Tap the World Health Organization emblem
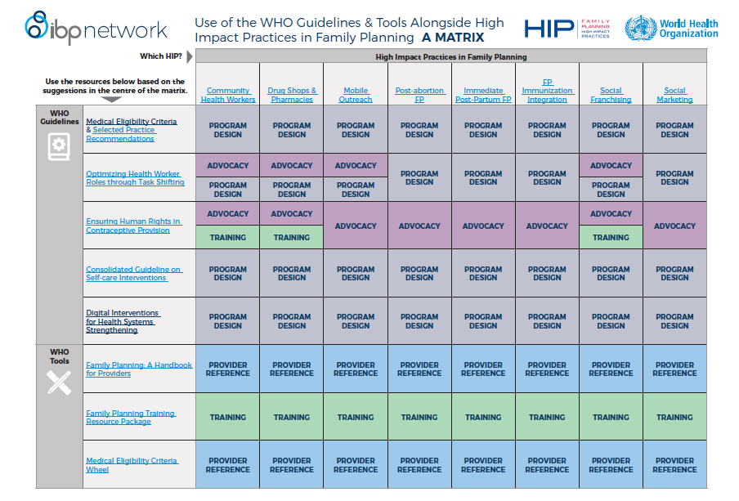pos(641,28)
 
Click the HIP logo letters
pos(549,29)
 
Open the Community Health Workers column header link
pos(228,95)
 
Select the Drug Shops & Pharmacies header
pos(292,95)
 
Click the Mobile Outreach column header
pos(356,95)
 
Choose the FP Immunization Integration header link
pos(547,91)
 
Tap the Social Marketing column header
pos(674,95)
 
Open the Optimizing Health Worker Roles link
pos(135,177)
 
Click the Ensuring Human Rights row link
pos(133,226)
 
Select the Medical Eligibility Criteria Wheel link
pos(132,465)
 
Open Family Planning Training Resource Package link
pos(131,417)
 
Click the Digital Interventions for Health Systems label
pos(123,321)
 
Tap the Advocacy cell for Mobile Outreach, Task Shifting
pos(356,165)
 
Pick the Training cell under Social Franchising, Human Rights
pos(611,237)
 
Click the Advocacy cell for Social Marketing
pos(675,226)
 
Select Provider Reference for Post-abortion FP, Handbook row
pos(419,369)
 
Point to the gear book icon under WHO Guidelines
pos(59,146)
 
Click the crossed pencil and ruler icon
pos(59,382)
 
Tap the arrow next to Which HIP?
pos(190,56)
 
